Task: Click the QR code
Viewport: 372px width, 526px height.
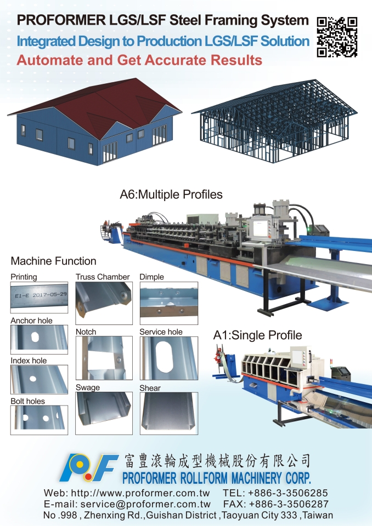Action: pos(337,37)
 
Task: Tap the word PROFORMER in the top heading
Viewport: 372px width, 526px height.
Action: pos(61,20)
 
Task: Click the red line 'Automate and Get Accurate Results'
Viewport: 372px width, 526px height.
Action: pos(139,60)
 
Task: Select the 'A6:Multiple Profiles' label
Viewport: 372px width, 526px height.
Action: pos(171,195)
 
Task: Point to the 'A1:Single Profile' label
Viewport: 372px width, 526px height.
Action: pos(257,335)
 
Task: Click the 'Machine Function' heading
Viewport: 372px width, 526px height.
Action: pos(53,261)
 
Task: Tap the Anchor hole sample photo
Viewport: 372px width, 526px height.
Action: pos(39,340)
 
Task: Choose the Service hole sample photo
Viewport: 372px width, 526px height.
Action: pos(168,358)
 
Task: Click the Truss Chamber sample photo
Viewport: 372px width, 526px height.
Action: pos(104,303)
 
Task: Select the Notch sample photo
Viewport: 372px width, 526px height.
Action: pos(104,358)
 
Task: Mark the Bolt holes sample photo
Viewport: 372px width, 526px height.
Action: pos(39,420)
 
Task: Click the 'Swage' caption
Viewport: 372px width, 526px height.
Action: pos(88,388)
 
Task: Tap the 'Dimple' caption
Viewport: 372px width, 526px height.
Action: pos(152,277)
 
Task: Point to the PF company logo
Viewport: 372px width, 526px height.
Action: pos(89,467)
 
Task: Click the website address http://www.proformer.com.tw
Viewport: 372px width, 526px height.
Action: pos(140,493)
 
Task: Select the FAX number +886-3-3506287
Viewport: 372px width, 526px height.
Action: pos(289,504)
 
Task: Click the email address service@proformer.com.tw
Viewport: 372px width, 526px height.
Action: pos(145,504)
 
